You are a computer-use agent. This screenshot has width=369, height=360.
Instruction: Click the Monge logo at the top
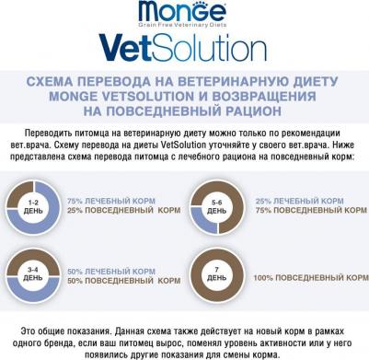(183, 12)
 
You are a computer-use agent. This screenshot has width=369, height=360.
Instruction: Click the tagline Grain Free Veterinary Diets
(183, 25)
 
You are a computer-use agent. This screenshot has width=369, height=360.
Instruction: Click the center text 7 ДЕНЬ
(216, 275)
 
